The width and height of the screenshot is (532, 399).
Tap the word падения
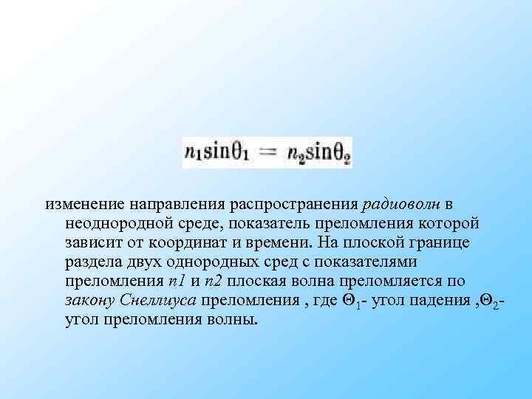click(432, 300)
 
